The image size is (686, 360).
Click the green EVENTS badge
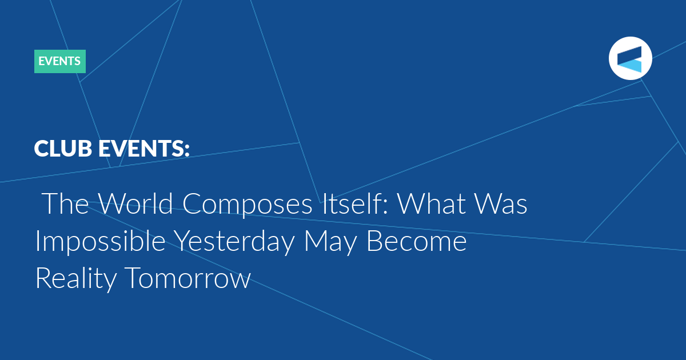(x=60, y=61)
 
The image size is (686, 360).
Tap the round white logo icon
(x=630, y=58)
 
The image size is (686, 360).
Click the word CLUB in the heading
(x=63, y=149)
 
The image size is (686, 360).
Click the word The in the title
(x=65, y=203)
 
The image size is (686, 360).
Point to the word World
(x=135, y=203)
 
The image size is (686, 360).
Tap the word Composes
(x=248, y=205)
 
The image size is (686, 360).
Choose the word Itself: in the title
(x=355, y=203)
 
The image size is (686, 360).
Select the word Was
(x=501, y=203)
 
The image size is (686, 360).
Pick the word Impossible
(x=101, y=242)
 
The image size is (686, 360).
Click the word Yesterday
(x=235, y=242)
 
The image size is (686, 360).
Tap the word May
(x=331, y=243)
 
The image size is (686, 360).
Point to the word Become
(x=417, y=241)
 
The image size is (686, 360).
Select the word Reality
(x=76, y=279)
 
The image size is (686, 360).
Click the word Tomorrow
(x=188, y=278)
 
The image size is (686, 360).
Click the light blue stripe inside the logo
(x=631, y=66)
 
